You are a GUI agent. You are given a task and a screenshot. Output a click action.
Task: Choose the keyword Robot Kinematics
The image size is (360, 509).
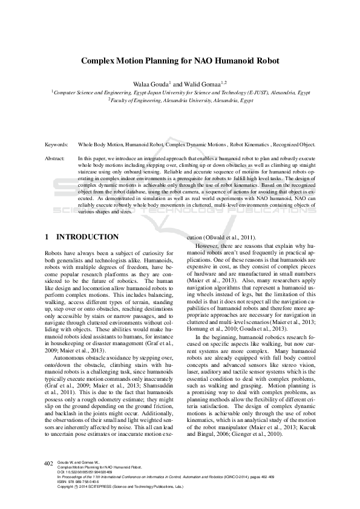(251, 146)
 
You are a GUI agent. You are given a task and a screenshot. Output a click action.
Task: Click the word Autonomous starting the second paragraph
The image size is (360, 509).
(69, 342)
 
